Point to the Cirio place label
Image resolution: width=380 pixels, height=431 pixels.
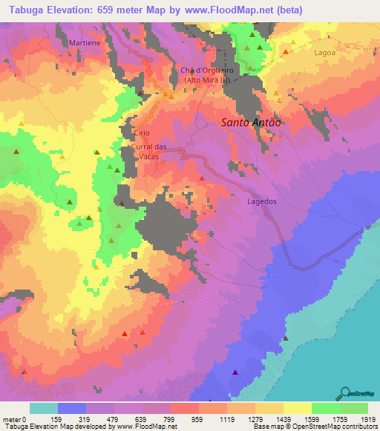(x=141, y=133)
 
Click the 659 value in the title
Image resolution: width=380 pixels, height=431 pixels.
(x=135, y=11)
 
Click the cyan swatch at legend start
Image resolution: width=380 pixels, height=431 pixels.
(x=43, y=408)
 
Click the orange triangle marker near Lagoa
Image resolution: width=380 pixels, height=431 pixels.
(x=286, y=52)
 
